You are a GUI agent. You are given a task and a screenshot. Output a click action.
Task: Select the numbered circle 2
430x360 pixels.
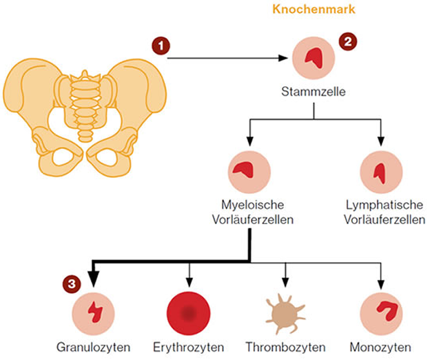(349, 41)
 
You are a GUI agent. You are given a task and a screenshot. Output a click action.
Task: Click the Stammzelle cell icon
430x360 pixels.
(314, 59)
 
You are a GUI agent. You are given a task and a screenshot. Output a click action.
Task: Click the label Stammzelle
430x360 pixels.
(314, 91)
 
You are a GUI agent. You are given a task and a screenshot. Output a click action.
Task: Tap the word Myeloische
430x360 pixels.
(249, 206)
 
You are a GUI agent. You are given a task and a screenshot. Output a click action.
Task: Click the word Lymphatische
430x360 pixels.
(384, 206)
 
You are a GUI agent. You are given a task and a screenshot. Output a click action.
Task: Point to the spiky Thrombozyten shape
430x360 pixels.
(284, 313)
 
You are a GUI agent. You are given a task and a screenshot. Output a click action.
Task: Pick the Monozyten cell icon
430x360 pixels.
(380, 313)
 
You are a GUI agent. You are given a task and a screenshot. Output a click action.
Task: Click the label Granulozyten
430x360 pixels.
(93, 346)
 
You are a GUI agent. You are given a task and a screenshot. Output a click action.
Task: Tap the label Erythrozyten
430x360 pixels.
(190, 346)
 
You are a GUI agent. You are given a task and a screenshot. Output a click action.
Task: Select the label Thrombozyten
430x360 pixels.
(284, 346)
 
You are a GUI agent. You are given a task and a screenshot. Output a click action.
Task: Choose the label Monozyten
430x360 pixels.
(380, 346)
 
